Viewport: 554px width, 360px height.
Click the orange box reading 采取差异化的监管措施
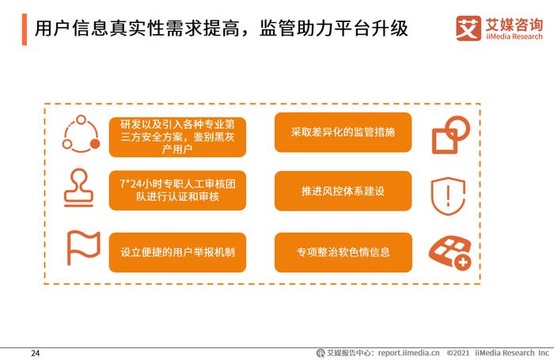coord(343,132)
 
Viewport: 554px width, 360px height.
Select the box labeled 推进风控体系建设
coord(343,191)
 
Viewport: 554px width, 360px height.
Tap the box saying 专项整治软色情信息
coord(343,252)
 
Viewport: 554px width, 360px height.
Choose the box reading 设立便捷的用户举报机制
coord(177,252)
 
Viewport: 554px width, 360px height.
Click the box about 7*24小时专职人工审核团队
coord(177,191)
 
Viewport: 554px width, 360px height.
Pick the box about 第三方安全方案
coord(177,137)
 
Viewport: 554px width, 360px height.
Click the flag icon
coord(83,248)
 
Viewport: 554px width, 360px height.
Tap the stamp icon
coord(79,188)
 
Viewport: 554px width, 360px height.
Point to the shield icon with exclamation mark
coord(448,196)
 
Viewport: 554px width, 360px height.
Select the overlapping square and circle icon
coord(451,135)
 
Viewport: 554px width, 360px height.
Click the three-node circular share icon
coord(81,134)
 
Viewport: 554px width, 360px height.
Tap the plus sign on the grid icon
coord(462,263)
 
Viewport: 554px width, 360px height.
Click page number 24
coord(36,353)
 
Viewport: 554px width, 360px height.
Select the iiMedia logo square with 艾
coord(469,28)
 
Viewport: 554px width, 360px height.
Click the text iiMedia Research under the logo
coord(514,36)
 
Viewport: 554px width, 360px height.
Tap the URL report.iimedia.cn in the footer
coord(409,353)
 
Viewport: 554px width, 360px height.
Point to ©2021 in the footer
coord(458,353)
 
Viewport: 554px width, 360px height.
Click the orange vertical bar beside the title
coord(25,29)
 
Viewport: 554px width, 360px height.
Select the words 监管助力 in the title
coord(297,28)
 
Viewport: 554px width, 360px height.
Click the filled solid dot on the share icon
coord(95,143)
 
